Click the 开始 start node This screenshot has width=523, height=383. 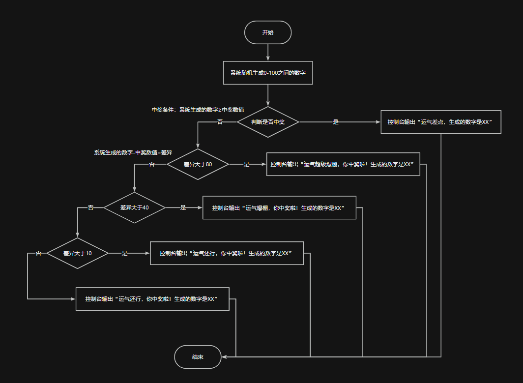[x=268, y=32]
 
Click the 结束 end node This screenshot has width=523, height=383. [x=198, y=357]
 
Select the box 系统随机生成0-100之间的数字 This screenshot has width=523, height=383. [x=268, y=73]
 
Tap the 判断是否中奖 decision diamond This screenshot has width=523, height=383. [x=268, y=122]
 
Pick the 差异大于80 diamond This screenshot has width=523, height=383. [x=198, y=164]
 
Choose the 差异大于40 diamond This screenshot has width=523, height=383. [x=134, y=207]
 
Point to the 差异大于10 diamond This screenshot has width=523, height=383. [x=78, y=253]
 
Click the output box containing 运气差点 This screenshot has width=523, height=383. [x=440, y=122]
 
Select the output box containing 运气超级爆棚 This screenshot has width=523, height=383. [x=343, y=164]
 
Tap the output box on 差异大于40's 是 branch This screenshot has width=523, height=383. [x=279, y=207]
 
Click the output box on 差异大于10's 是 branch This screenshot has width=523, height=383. [x=227, y=253]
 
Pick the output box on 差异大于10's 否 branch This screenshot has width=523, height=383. [x=152, y=299]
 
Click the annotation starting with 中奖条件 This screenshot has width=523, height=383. [x=198, y=110]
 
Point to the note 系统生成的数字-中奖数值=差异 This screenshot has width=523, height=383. [x=133, y=152]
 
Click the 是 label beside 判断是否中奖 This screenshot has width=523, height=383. [x=336, y=122]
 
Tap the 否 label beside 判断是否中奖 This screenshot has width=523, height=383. [x=220, y=122]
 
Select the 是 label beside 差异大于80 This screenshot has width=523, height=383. [x=247, y=164]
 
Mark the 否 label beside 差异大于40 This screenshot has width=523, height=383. [x=90, y=207]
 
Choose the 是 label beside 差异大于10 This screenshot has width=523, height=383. [x=124, y=253]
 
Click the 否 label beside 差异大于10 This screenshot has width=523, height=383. [x=38, y=253]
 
